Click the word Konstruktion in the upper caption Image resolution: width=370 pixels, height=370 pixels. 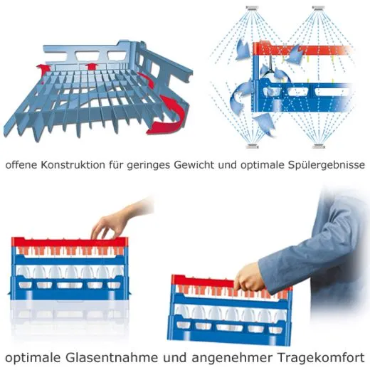point(73,165)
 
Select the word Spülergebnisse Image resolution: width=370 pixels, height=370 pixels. point(327,165)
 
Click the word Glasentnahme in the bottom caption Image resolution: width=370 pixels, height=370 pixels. point(112,357)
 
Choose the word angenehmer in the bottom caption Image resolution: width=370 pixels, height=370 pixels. point(232,359)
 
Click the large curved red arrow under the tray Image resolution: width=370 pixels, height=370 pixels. point(167,115)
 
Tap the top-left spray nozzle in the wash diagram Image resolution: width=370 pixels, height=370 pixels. point(252,8)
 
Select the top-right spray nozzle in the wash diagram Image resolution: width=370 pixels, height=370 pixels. point(318,8)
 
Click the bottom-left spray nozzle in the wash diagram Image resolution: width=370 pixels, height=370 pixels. point(253,146)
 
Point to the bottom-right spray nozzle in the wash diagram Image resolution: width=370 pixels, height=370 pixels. point(318,146)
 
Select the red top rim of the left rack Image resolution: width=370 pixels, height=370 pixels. point(70,242)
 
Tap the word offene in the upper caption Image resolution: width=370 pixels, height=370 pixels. point(21,165)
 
